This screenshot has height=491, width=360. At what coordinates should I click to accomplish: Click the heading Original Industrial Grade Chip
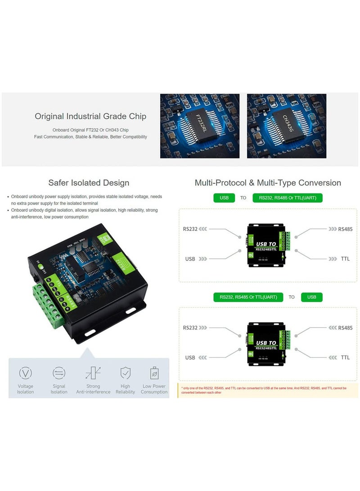coord(90,117)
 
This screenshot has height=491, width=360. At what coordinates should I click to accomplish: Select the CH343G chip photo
coord(286,126)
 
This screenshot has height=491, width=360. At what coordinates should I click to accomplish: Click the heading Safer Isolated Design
coord(89,183)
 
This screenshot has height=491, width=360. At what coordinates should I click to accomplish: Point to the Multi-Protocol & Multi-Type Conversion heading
coord(268,183)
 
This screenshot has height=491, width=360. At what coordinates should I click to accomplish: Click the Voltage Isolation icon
coord(25,373)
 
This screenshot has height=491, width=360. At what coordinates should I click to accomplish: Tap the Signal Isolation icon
coord(59,373)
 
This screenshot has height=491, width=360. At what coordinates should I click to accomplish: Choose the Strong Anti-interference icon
coord(93,373)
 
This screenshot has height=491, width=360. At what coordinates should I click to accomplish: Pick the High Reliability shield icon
coord(125,373)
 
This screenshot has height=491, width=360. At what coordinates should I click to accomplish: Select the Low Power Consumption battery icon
coord(154,373)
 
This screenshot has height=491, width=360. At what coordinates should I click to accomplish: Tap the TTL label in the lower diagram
coord(345,358)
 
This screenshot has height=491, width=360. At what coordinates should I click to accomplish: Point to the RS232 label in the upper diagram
coord(190,229)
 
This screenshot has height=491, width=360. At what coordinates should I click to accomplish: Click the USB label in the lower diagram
coord(190,358)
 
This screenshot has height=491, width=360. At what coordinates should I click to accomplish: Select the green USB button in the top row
coord(224,198)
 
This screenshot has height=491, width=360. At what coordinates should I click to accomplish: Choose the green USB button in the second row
coord(311,297)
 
